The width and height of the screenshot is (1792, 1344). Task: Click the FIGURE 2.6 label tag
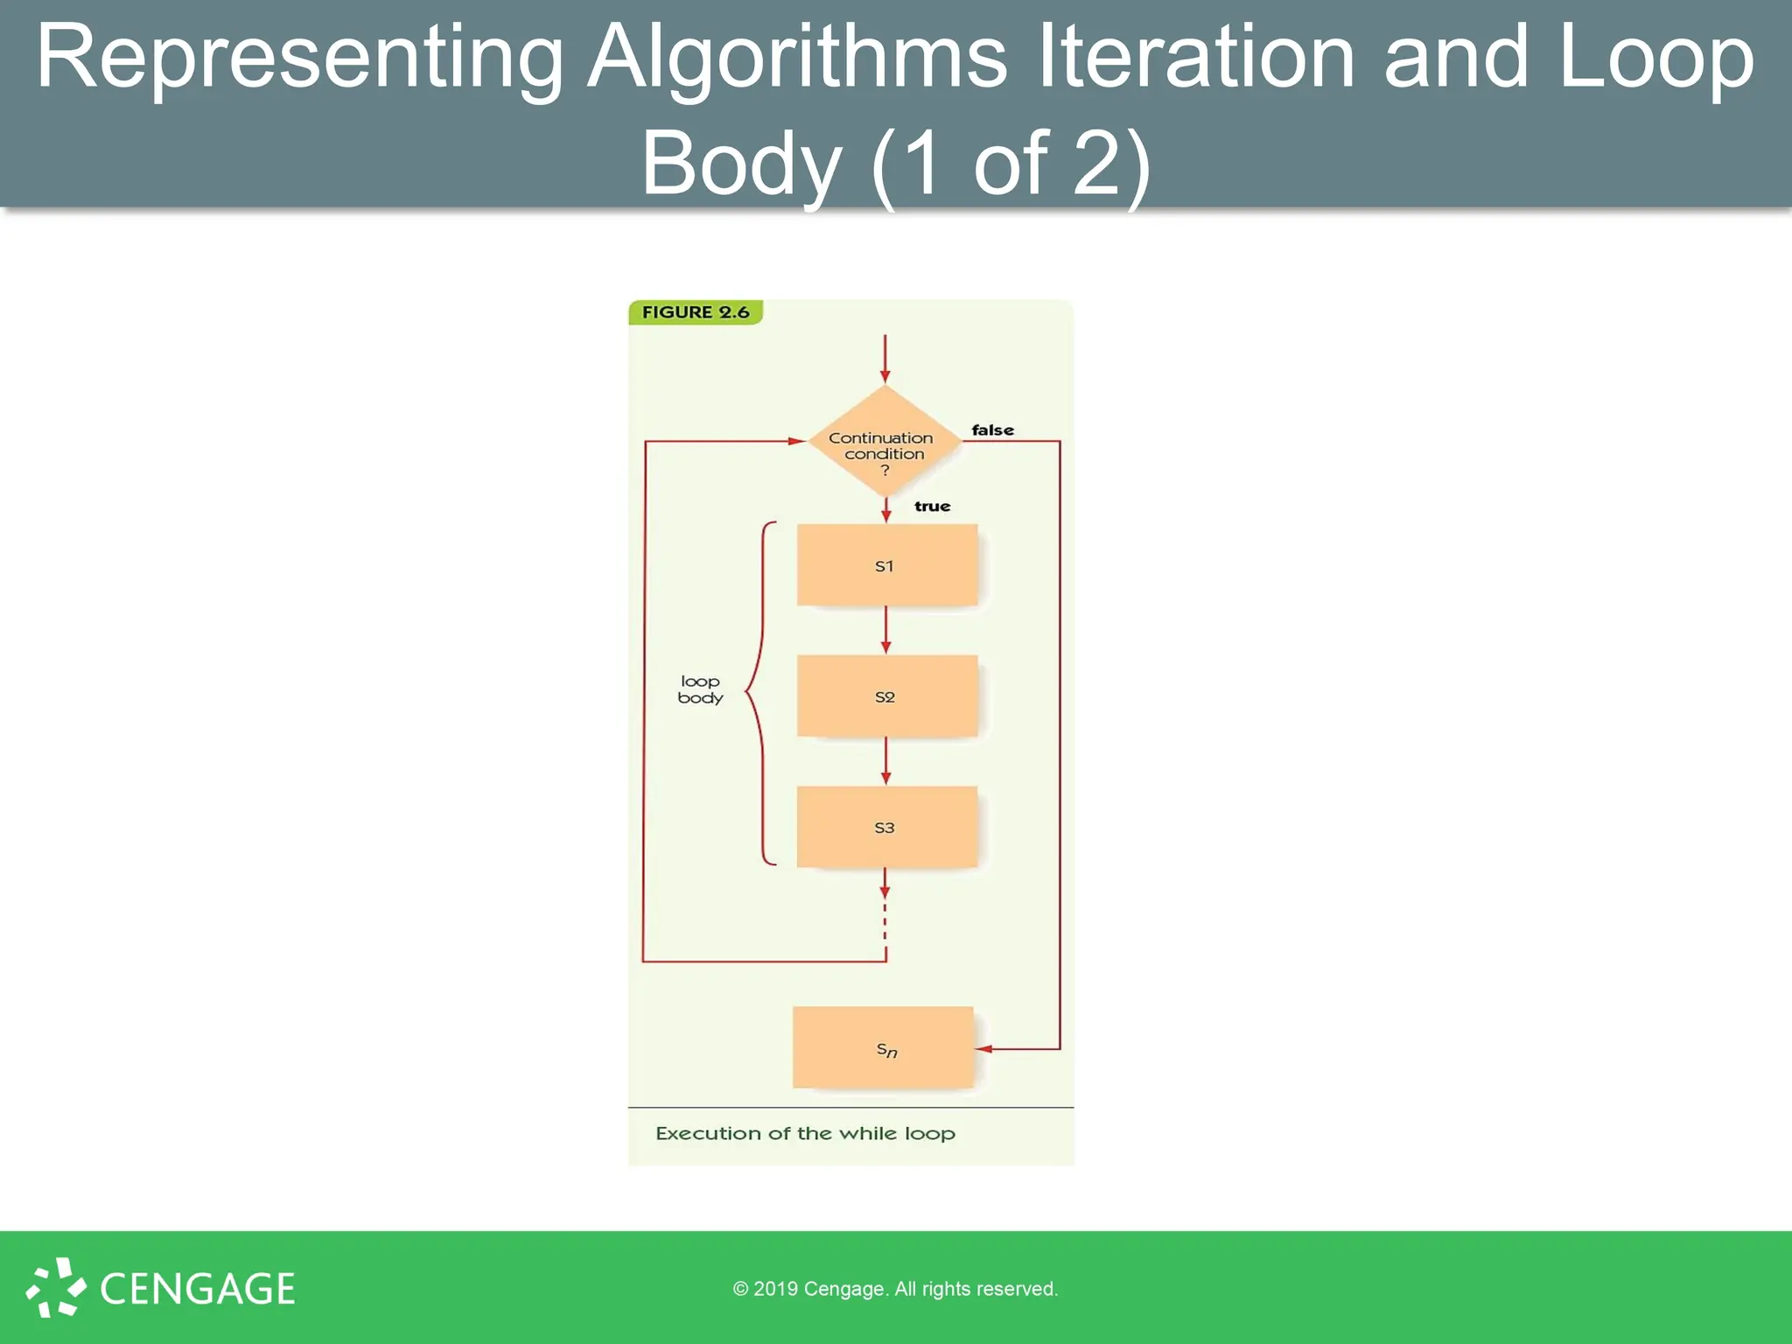click(696, 312)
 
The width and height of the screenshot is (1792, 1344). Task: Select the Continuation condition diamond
click(884, 442)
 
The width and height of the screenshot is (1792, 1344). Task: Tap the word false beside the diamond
click(992, 430)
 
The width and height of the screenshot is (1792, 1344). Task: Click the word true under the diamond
click(932, 507)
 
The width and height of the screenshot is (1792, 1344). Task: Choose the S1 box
click(886, 565)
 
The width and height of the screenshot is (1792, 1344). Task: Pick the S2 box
click(886, 696)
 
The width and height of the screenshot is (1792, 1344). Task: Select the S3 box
click(886, 827)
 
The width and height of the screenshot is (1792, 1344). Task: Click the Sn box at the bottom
click(883, 1047)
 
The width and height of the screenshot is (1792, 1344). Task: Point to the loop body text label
click(700, 689)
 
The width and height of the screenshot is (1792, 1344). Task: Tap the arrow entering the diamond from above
click(885, 360)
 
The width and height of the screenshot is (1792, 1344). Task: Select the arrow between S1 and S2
click(885, 630)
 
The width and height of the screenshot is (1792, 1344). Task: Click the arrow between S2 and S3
click(885, 760)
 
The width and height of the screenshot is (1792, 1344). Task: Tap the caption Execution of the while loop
click(805, 1134)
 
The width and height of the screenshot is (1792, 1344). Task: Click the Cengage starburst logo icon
click(56, 1287)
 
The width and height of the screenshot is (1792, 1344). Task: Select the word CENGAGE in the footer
click(198, 1289)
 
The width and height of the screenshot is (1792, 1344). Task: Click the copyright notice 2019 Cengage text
click(895, 1289)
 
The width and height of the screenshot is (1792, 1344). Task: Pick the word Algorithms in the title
click(796, 58)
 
